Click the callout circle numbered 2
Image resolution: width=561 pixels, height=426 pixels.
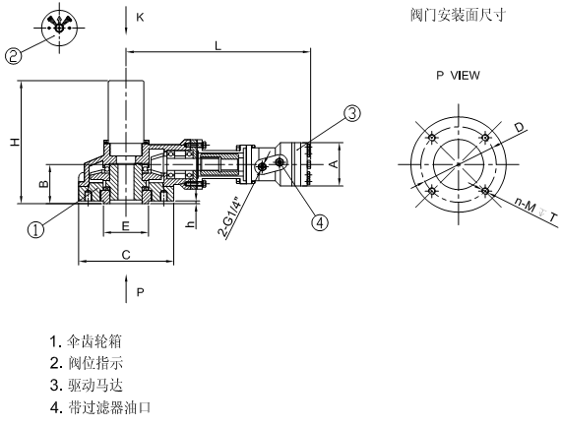coord(14,56)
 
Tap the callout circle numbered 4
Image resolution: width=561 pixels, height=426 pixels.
coord(319,221)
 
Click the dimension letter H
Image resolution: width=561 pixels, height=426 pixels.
coord(14,144)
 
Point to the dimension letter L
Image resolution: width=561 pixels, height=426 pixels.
coord(218,46)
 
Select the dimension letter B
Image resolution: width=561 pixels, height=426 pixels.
coord(42,184)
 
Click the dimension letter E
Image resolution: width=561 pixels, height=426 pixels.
coord(125,226)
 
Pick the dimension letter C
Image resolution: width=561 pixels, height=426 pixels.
coord(125,254)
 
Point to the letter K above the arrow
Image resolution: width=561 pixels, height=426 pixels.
coord(140,18)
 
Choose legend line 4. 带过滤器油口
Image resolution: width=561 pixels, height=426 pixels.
coord(99,405)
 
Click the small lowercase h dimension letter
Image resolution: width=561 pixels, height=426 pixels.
coord(189,224)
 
